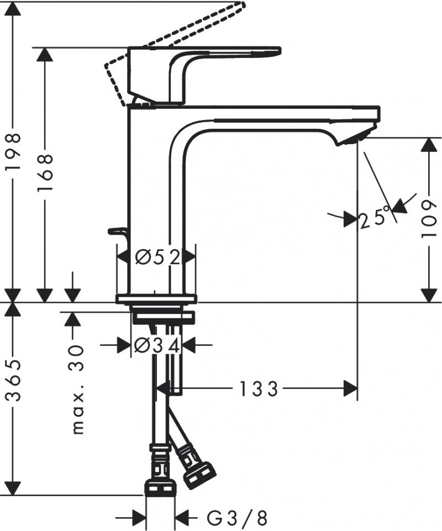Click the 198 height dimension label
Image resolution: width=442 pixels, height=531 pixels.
(x=12, y=151)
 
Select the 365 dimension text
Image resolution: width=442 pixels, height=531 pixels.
(x=12, y=381)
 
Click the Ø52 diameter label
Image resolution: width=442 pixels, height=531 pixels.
(x=157, y=257)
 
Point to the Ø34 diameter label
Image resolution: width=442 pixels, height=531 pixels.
(x=157, y=345)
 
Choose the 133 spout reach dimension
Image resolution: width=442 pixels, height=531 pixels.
(x=258, y=389)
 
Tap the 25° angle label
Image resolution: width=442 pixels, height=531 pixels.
(x=374, y=219)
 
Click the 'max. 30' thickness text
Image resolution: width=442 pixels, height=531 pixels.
(x=77, y=390)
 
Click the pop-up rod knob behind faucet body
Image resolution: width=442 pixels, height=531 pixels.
(x=116, y=230)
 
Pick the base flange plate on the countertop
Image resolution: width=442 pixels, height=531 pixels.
(x=156, y=299)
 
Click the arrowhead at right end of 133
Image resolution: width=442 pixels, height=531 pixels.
(x=351, y=389)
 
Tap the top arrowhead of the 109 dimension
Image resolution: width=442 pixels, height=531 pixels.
(x=429, y=145)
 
